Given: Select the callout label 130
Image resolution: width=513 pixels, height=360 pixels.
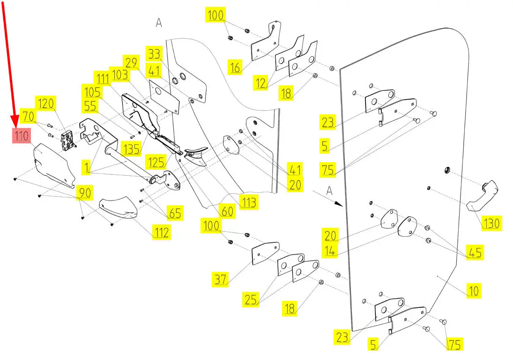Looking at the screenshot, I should click(x=491, y=223).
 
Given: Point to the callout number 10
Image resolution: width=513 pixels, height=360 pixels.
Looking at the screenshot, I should click(x=474, y=291).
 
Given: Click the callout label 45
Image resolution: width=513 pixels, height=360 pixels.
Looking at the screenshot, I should click(x=475, y=252).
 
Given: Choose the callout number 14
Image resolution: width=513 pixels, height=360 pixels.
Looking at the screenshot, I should click(x=329, y=251).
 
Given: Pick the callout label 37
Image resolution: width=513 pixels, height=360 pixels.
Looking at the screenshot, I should click(x=220, y=280).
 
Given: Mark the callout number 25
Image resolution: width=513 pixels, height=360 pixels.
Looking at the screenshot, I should click(x=251, y=299).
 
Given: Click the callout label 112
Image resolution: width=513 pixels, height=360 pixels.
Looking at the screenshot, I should click(x=161, y=232).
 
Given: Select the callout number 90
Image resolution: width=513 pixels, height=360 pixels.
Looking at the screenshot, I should click(x=85, y=193).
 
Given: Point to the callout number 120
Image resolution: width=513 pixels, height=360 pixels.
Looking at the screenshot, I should click(x=46, y=104).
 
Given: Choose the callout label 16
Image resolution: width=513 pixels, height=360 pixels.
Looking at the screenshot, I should click(x=235, y=68).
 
